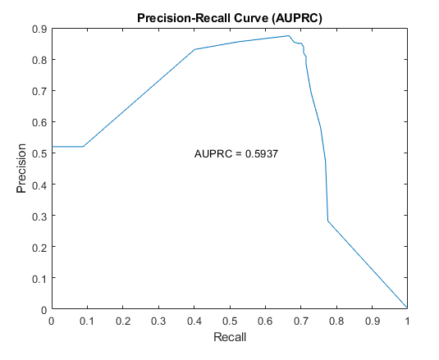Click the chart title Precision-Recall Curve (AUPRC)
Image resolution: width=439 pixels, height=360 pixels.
pyautogui.click(x=230, y=18)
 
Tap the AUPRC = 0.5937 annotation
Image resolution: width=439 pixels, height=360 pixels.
pyautogui.click(x=236, y=154)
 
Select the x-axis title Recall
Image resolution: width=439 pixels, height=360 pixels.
pyautogui.click(x=230, y=337)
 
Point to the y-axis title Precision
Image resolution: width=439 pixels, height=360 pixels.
pyautogui.click(x=21, y=168)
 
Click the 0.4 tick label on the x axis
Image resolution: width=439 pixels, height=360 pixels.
pyautogui.click(x=194, y=321)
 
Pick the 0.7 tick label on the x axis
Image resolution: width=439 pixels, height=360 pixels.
pyautogui.click(x=301, y=321)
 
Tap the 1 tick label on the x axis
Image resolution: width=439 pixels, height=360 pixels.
pyautogui.click(x=407, y=321)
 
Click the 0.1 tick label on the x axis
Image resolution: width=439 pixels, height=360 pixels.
pyautogui.click(x=87, y=321)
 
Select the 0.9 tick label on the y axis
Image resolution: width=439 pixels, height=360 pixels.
pyautogui.click(x=39, y=29)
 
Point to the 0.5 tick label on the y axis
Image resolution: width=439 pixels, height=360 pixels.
pyautogui.click(x=39, y=153)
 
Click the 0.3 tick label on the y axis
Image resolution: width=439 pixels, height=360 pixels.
pyautogui.click(x=39, y=216)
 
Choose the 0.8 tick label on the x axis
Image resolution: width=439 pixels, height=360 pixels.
pyautogui.click(x=336, y=321)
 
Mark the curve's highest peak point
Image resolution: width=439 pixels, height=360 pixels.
pyautogui.click(x=289, y=35)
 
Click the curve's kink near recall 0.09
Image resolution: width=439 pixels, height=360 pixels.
pyautogui.click(x=83, y=146)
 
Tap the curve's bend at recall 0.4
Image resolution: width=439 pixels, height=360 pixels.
pyautogui.click(x=194, y=49)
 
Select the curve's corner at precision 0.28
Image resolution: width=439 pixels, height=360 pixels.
pyautogui.click(x=328, y=221)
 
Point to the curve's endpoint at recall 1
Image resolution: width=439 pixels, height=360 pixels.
pyautogui.click(x=407, y=308)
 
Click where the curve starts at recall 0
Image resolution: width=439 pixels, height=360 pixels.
pyautogui.click(x=53, y=146)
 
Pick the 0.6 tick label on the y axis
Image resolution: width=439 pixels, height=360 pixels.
pyautogui.click(x=39, y=122)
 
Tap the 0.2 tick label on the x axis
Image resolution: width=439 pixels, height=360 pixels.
pyautogui.click(x=123, y=321)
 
